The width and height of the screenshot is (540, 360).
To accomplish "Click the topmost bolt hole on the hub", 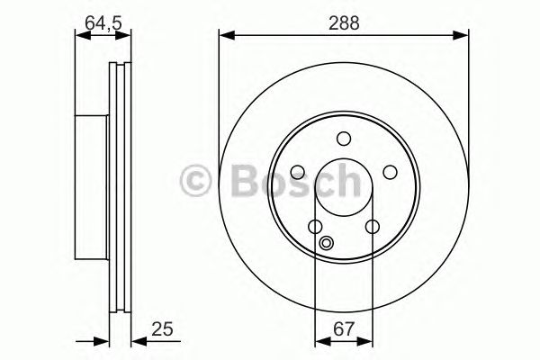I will [343, 138].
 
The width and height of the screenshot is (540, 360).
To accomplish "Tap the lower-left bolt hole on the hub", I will [314, 227].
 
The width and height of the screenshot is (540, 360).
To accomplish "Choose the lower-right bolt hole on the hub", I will [372, 227].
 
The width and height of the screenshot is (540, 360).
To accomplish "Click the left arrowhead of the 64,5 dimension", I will [80, 36].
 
